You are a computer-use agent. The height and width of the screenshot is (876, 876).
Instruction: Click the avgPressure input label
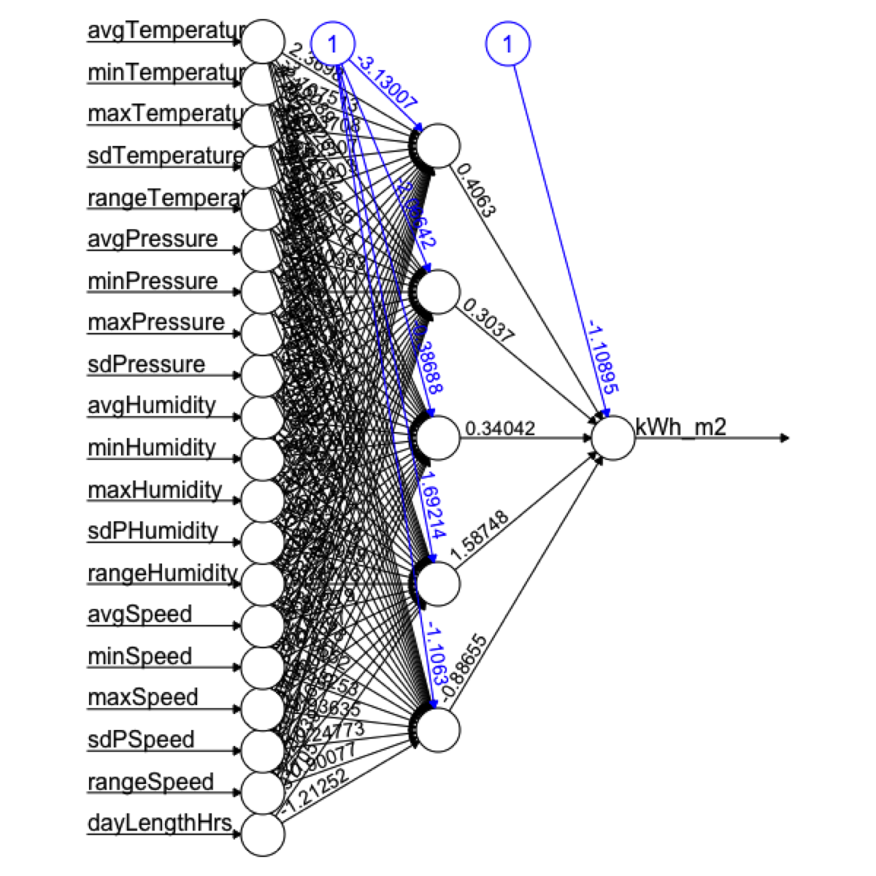[153, 239]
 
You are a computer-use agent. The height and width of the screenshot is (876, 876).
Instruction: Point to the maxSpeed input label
[143, 697]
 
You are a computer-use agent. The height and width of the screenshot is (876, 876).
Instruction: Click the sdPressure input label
[147, 364]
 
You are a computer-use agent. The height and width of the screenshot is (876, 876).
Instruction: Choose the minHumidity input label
[152, 447]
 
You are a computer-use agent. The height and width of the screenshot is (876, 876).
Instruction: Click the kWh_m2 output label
[681, 427]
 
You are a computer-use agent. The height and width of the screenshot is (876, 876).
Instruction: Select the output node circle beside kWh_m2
[613, 439]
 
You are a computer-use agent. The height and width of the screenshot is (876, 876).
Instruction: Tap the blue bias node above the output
[508, 43]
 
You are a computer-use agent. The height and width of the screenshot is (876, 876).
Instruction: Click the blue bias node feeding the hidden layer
[332, 44]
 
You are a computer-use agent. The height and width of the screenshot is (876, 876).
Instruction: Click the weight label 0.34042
[500, 429]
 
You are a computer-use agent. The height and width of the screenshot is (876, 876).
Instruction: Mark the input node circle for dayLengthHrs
[263, 834]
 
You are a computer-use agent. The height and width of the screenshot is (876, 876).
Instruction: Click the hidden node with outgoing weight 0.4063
[438, 145]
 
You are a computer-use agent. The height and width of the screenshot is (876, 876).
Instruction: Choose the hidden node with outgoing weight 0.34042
[438, 439]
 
